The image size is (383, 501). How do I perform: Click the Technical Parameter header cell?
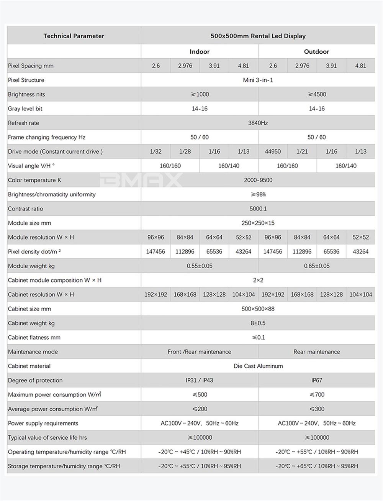click(x=74, y=36)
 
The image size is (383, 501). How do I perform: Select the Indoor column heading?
click(x=200, y=52)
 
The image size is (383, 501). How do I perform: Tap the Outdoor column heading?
click(x=316, y=52)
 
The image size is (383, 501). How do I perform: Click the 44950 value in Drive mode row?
click(x=273, y=151)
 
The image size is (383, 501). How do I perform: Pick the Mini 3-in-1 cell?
click(x=258, y=80)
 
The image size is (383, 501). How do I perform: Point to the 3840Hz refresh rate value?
click(x=258, y=123)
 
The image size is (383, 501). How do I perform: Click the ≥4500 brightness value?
click(x=317, y=94)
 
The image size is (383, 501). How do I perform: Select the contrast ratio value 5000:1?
click(x=258, y=209)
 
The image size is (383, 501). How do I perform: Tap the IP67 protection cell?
click(x=317, y=380)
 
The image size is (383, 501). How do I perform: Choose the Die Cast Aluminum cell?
click(x=258, y=366)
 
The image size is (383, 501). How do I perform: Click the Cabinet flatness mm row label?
click(x=34, y=338)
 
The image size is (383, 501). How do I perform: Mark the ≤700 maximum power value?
click(x=317, y=394)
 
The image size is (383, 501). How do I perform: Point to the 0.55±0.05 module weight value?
click(x=200, y=266)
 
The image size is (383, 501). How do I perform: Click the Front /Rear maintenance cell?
click(x=200, y=352)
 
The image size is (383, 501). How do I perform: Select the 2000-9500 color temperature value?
click(x=258, y=180)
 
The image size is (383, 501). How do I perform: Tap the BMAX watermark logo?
click(x=141, y=180)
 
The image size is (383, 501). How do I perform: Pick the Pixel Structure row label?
click(x=26, y=80)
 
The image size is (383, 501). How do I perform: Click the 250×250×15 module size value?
click(x=258, y=223)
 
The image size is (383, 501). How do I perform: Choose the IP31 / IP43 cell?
click(x=200, y=380)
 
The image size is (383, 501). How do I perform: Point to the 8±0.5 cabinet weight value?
click(x=258, y=323)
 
